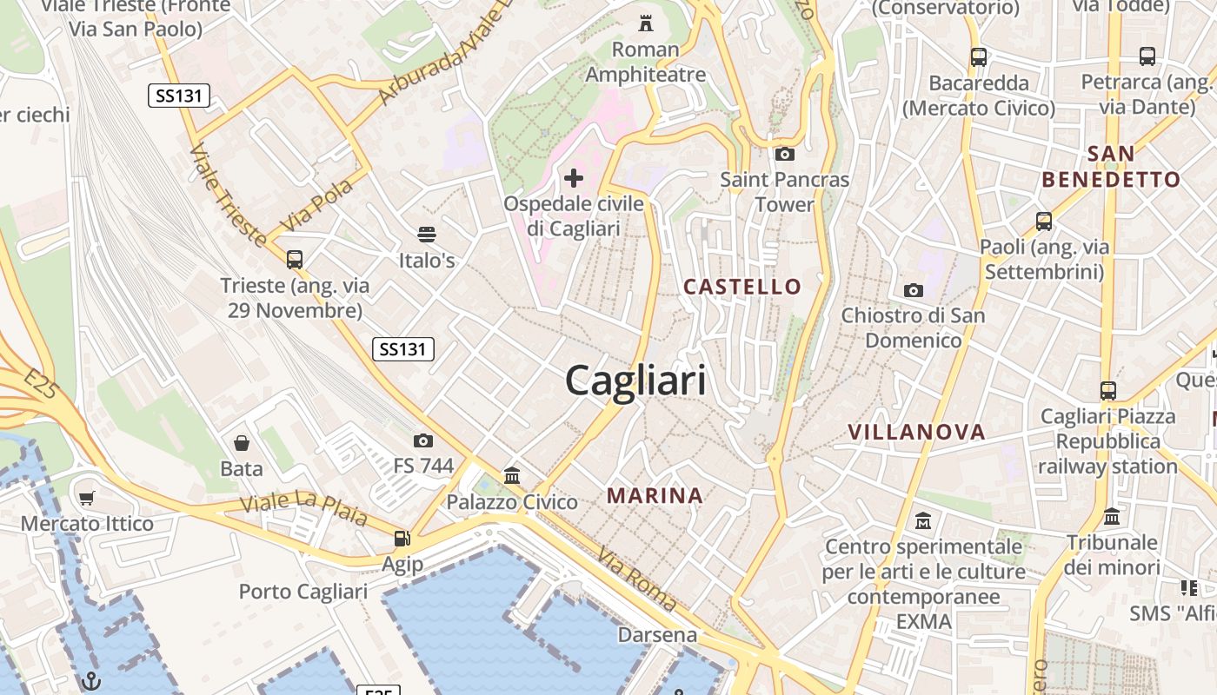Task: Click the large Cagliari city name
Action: coord(635,381)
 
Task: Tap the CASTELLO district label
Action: coord(742,286)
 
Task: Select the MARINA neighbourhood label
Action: coord(655,495)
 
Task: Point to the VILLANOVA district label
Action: coord(916,432)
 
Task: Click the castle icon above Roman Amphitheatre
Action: coord(645,22)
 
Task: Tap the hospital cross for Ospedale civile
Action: coord(574,178)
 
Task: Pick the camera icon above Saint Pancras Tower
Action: coord(784,155)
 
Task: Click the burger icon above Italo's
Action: coord(426,234)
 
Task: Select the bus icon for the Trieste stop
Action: coord(295,259)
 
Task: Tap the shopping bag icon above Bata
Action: coord(242,443)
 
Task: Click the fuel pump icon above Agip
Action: coord(402,538)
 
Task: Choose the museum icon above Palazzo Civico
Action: coord(512,475)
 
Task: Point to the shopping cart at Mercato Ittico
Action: coord(86,498)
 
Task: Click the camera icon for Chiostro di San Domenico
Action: coord(913,290)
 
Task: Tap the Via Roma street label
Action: coord(637,578)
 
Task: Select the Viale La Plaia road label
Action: coord(303,509)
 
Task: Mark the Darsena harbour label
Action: coord(657,635)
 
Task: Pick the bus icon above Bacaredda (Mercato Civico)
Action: coord(979,57)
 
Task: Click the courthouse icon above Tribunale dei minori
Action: coord(1112,517)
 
